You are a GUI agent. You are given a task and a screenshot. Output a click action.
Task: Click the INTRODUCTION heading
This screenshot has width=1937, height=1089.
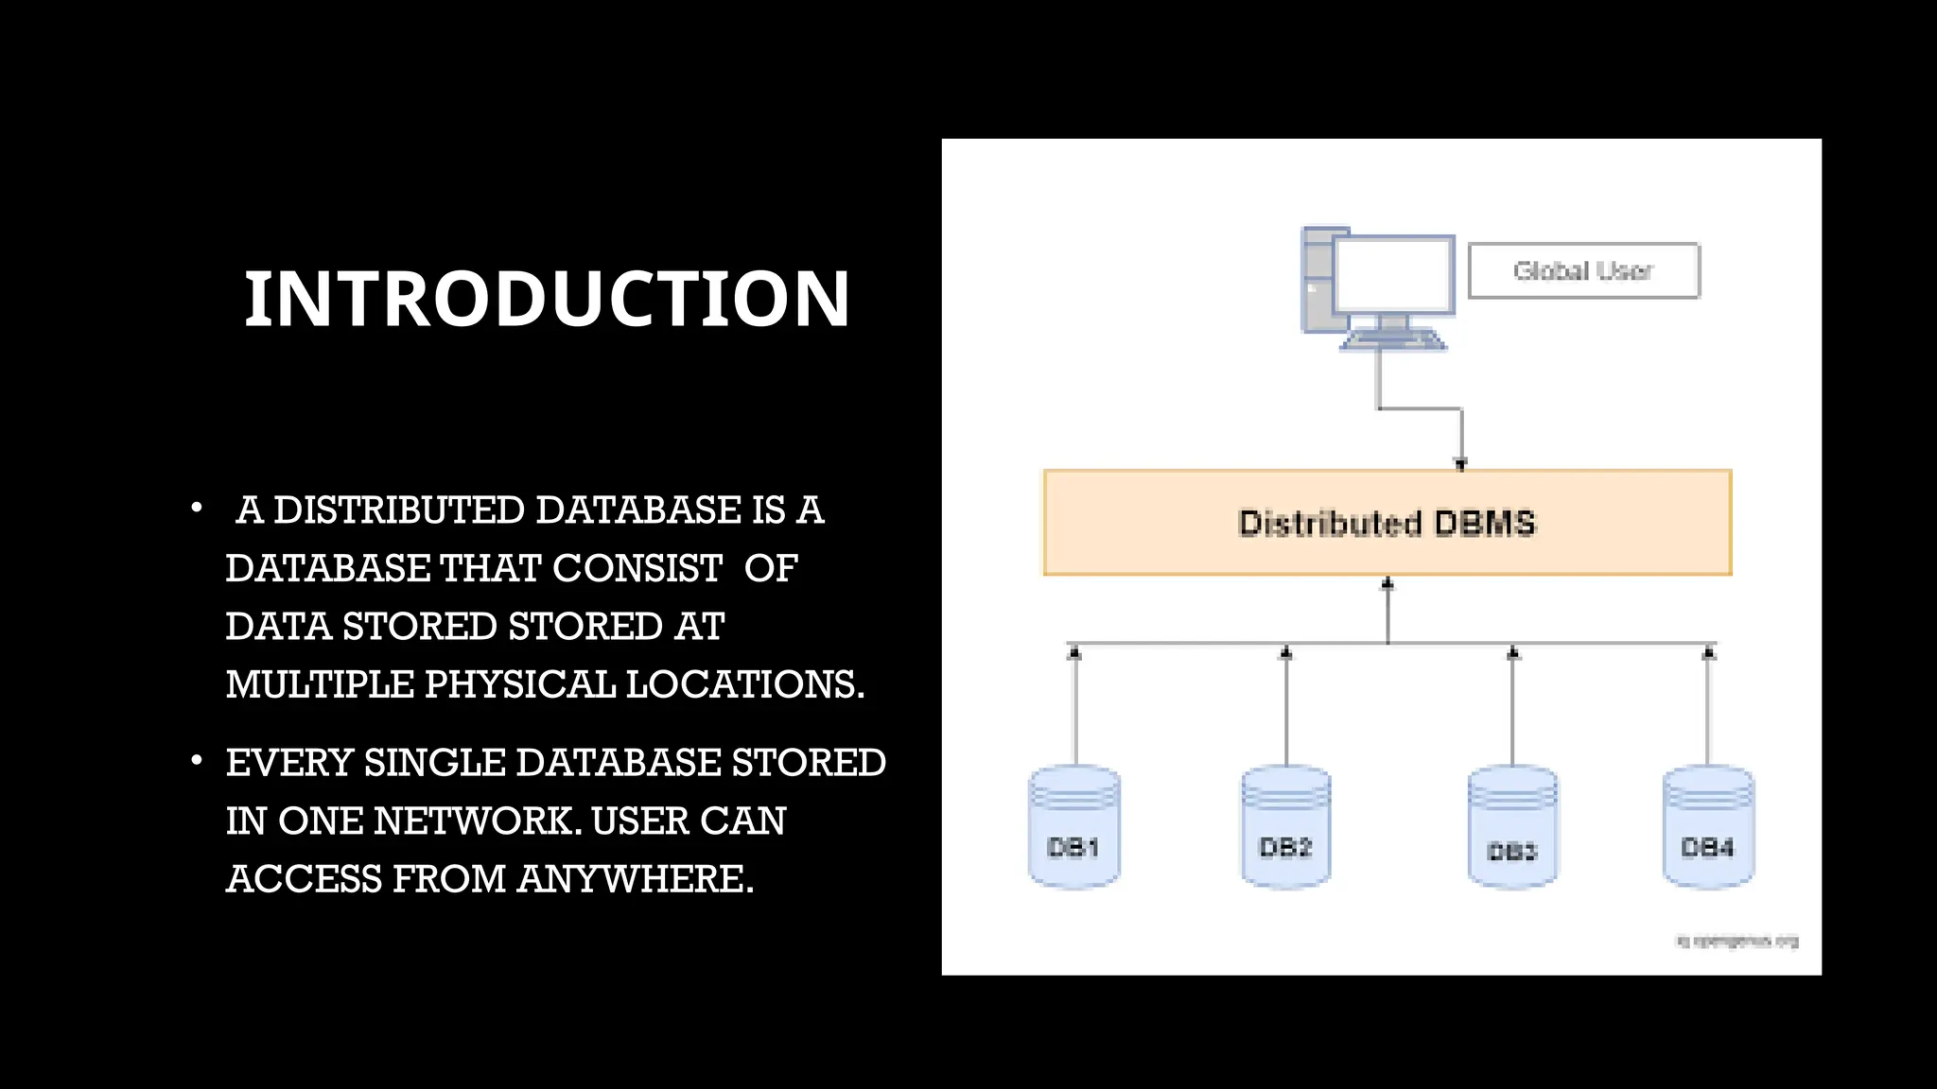pos(547,299)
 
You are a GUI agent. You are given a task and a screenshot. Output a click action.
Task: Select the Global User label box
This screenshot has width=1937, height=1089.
pos(1583,271)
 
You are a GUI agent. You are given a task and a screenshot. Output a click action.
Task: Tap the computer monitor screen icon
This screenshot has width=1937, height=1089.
pos(1393,275)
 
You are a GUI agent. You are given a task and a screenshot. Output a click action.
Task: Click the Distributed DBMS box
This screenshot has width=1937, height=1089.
pos(1387,523)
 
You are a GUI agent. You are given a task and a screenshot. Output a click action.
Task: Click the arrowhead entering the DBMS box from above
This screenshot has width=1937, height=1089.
pos(1460,463)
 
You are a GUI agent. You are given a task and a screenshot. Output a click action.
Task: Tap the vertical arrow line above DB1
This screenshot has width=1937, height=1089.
pos(1074,709)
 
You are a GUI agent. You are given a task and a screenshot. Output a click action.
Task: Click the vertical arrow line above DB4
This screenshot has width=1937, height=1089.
pos(1708,709)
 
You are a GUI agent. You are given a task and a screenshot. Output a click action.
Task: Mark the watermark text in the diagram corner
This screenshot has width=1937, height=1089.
pos(1736,942)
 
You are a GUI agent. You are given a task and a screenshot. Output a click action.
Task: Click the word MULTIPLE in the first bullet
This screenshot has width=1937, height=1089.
pos(320,684)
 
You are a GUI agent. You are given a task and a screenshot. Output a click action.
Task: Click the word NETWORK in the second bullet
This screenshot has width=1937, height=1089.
pos(477,821)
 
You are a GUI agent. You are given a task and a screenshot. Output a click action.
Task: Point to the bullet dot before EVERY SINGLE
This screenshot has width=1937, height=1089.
pos(196,761)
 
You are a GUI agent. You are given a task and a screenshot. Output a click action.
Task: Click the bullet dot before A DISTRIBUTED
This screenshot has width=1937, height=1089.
pos(196,509)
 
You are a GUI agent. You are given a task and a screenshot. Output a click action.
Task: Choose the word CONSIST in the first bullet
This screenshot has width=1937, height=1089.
pos(637,568)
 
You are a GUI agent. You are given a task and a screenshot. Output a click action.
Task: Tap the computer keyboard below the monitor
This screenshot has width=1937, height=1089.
pos(1393,339)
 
